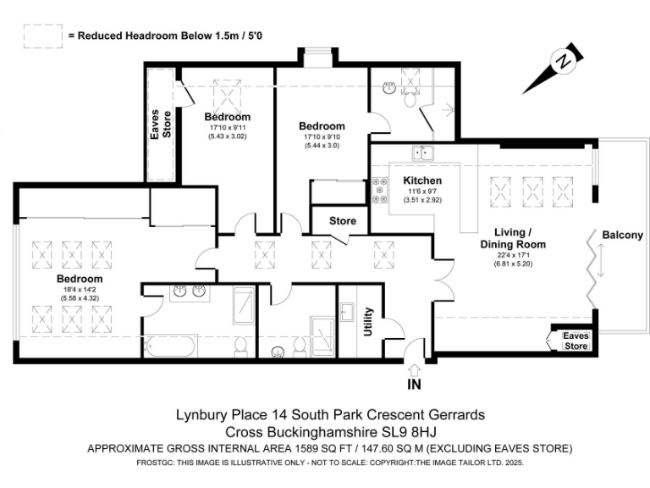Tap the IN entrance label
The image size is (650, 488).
413,385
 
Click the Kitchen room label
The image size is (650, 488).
422,180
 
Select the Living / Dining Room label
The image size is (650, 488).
525,238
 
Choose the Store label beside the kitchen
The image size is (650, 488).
343,221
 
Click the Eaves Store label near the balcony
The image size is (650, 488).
576,341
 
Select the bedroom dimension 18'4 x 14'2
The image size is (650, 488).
80,290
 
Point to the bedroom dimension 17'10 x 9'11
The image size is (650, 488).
227,128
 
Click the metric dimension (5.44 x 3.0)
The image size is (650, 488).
321,145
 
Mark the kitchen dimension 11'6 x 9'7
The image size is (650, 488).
422,192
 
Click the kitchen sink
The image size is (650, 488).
422,153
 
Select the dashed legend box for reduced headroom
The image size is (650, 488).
41,36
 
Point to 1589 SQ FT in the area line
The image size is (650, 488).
328,447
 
